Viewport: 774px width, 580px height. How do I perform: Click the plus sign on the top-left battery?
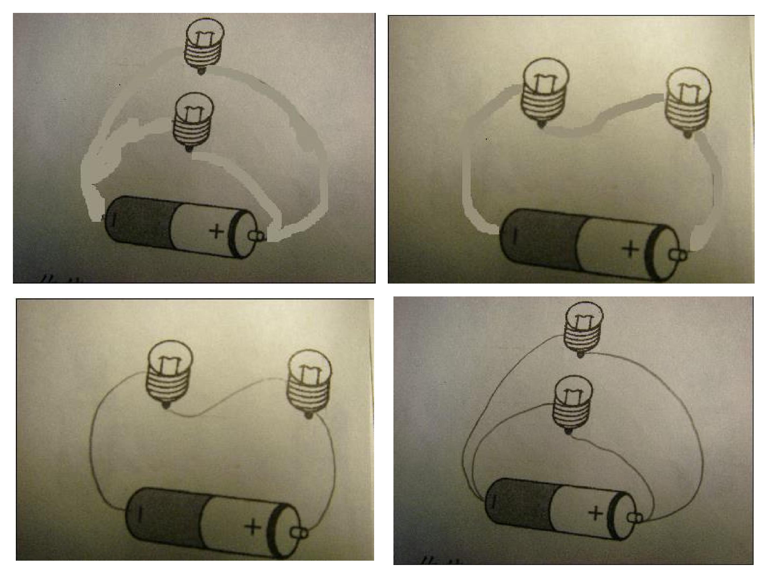pos(216,231)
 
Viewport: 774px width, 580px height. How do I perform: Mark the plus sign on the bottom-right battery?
pos(596,513)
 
